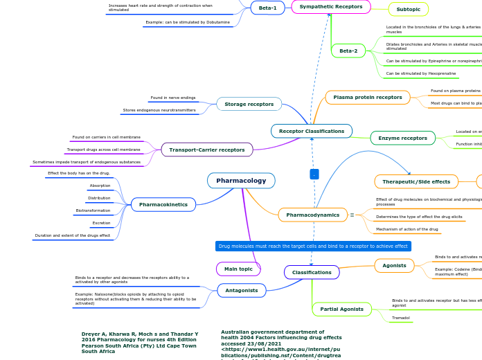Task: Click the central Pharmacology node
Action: [241, 181]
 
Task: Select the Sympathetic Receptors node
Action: [330, 7]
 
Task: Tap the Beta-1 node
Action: [267, 8]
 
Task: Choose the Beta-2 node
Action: [348, 51]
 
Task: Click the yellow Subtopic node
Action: [408, 9]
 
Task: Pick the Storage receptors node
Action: [249, 104]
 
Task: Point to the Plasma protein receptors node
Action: [367, 98]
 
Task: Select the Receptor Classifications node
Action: [311, 131]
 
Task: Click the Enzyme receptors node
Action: [402, 138]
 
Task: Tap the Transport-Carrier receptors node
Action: [206, 150]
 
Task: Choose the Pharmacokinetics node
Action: [163, 205]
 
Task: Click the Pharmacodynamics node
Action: [312, 215]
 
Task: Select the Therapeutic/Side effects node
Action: [416, 182]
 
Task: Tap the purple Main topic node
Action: [238, 269]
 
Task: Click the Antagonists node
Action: [241, 290]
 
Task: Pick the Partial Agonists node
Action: [341, 309]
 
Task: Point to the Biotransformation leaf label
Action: [93, 210]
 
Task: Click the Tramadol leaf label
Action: [400, 318]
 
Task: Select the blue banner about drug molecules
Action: [313, 246]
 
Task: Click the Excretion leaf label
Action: [101, 223]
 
